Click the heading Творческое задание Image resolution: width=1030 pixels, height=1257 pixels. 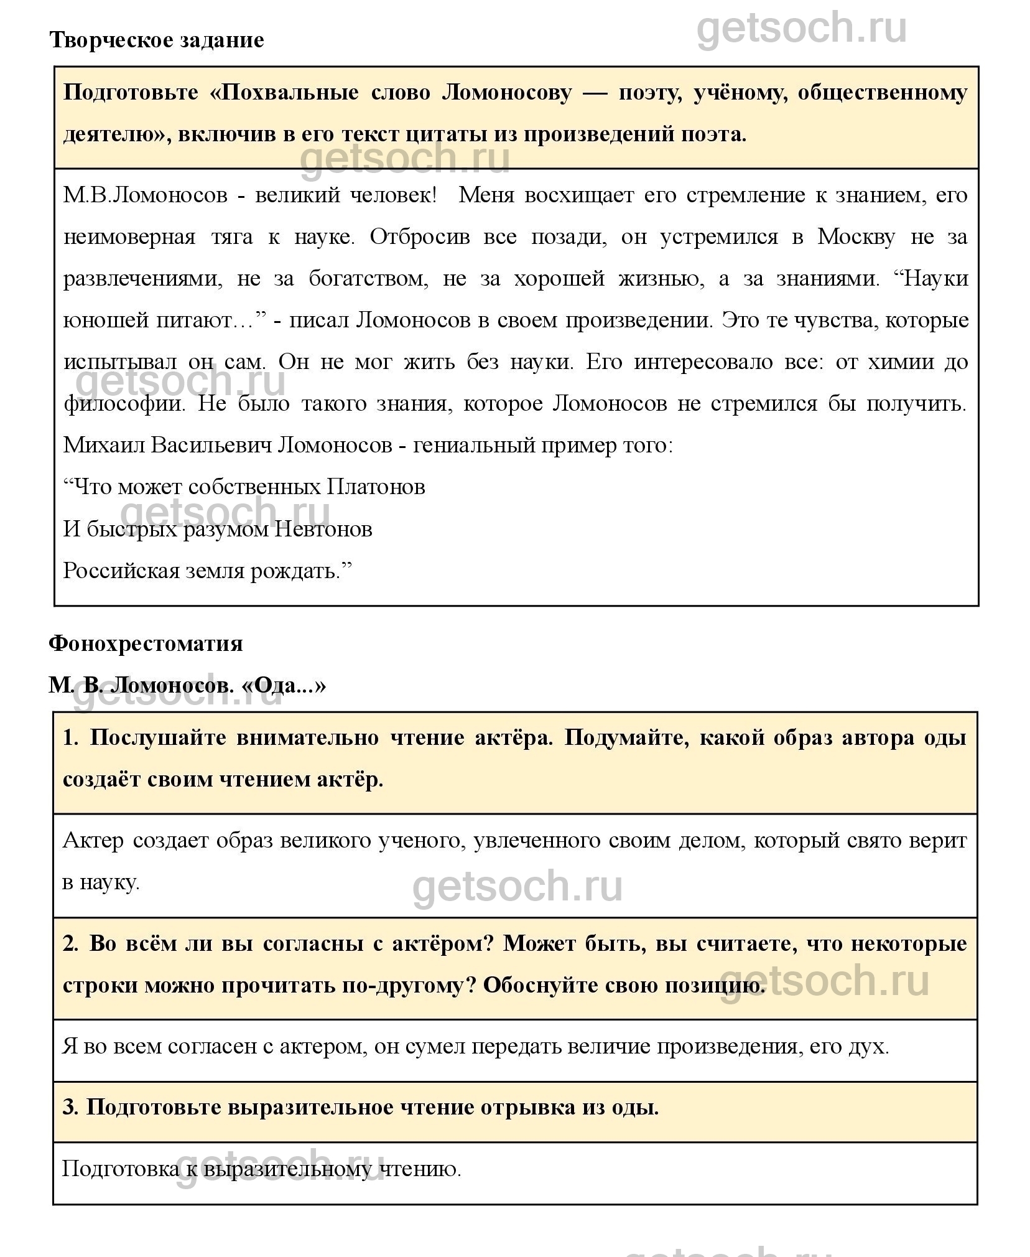point(156,40)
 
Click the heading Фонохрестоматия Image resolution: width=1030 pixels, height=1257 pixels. point(146,643)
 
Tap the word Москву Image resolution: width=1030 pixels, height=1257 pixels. point(856,237)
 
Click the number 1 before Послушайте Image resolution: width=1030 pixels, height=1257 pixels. point(69,738)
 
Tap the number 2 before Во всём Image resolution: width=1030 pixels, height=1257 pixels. point(69,944)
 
